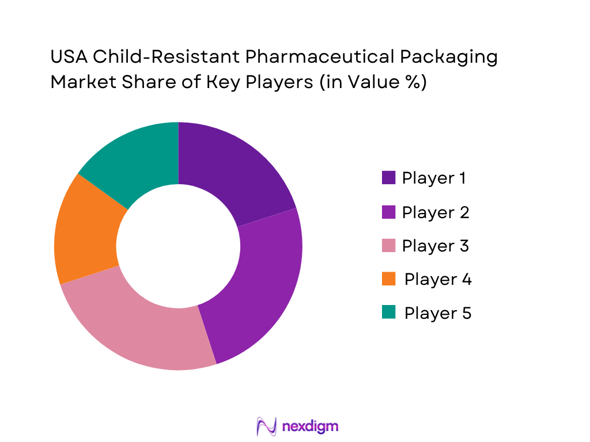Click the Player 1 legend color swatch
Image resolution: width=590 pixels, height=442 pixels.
pyautogui.click(x=388, y=178)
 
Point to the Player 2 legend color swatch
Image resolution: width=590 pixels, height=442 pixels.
pyautogui.click(x=388, y=212)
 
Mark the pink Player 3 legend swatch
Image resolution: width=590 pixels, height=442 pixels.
pyautogui.click(x=388, y=246)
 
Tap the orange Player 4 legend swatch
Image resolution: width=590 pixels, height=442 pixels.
pyautogui.click(x=388, y=279)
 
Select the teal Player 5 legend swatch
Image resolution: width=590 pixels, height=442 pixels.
pyautogui.click(x=388, y=313)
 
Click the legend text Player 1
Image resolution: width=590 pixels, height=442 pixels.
pyautogui.click(x=434, y=178)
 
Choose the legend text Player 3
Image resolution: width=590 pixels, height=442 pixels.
pyautogui.click(x=436, y=246)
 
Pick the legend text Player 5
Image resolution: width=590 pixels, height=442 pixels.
pyautogui.click(x=438, y=313)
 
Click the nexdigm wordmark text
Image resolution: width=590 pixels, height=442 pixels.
pyautogui.click(x=311, y=426)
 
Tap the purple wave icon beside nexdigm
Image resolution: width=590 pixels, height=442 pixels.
pyautogui.click(x=266, y=426)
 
